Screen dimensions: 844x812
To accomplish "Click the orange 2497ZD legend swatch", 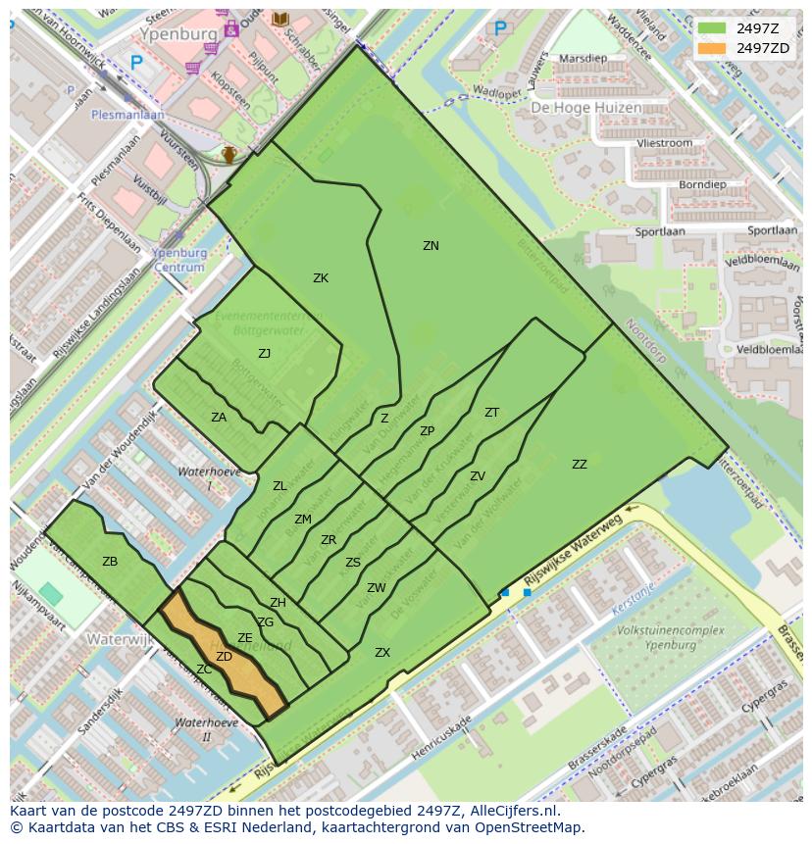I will point(711,48).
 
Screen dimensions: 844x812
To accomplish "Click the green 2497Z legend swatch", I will point(711,28).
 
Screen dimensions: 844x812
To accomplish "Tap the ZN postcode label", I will point(431,246).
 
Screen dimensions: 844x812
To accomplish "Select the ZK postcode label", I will point(321,278).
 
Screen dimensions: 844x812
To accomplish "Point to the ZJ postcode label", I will point(265,354).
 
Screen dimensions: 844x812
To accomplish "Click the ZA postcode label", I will point(219,418).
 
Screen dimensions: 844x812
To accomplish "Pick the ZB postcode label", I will point(110,562).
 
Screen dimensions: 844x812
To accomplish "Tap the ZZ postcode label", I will point(580,465).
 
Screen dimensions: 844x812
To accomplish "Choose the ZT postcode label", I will point(491,413).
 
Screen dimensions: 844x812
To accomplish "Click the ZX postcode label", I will point(382,653).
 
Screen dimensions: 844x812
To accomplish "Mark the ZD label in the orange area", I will point(224,657).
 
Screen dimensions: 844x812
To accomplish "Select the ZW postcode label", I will point(377,588).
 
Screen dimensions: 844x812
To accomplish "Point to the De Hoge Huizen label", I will point(586,108).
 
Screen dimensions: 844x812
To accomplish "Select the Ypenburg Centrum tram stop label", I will point(179,260).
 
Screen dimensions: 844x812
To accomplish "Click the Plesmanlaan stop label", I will point(127,114).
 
